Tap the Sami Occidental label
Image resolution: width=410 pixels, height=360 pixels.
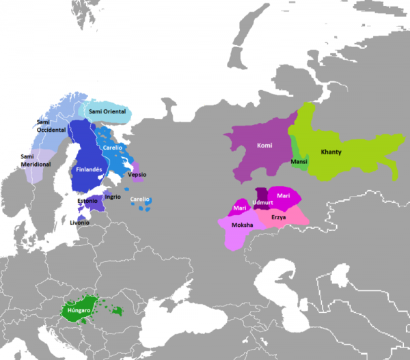coord(51,126)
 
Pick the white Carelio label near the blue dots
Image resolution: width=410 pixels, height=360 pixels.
coord(140,199)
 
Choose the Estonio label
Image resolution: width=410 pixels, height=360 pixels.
coord(87,201)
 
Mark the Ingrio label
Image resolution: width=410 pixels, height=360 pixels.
coord(113,197)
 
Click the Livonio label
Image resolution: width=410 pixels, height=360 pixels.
coord(79,223)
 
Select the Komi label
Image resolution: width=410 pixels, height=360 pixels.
coord(264,145)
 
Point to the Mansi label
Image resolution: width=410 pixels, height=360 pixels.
coord(299,162)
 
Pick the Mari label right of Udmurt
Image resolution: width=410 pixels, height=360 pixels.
coord(284,196)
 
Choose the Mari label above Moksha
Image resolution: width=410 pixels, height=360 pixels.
coord(239,208)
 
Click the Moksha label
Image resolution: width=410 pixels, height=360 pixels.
coord(243,225)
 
